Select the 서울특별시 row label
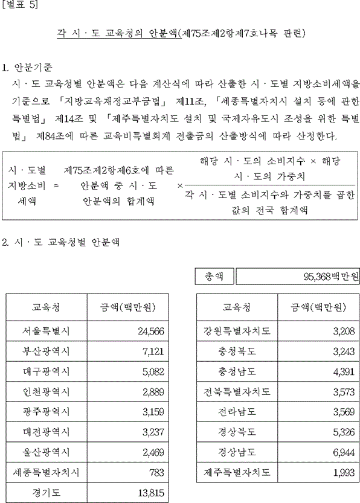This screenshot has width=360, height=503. pos(46,330)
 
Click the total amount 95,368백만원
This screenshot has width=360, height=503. pos(329,277)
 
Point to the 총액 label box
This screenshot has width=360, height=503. pos(214,277)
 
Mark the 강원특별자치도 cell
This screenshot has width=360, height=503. pos(237,330)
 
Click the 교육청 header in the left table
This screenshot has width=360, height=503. pos(46,307)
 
